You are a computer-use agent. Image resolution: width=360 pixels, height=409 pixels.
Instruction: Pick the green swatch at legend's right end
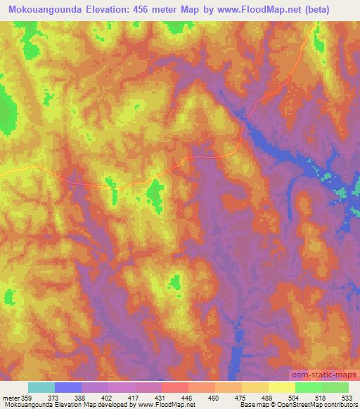coord(335,387)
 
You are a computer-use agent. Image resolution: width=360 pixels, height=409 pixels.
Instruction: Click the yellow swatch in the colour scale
coord(281,387)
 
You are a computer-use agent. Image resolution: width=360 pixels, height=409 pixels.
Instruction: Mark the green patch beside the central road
coord(155,194)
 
